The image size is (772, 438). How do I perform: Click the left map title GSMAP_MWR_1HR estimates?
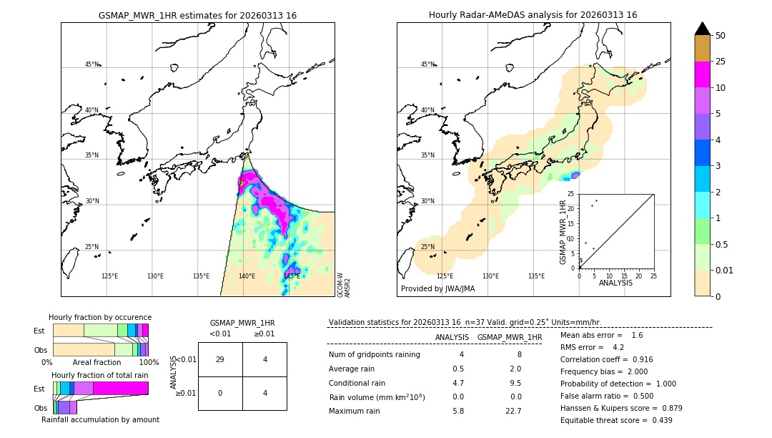(x=197, y=15)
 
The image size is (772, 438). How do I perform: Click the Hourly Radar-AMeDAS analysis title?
(x=533, y=15)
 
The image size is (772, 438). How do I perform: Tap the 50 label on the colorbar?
(x=721, y=36)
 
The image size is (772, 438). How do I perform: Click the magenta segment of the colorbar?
(x=702, y=74)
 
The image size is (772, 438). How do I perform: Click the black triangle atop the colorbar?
(x=702, y=29)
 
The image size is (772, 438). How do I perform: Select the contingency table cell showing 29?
(x=220, y=359)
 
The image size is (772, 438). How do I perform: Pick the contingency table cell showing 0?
(x=220, y=392)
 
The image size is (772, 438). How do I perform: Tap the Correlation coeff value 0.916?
(x=638, y=359)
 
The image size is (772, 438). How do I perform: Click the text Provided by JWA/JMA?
(x=437, y=288)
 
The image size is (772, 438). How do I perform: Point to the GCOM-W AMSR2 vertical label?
(x=344, y=284)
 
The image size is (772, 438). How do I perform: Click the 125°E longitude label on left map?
(x=109, y=276)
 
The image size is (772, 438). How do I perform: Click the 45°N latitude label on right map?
(x=427, y=64)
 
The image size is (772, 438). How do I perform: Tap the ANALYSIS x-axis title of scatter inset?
(x=616, y=283)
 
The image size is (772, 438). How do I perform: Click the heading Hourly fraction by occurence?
(x=100, y=317)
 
